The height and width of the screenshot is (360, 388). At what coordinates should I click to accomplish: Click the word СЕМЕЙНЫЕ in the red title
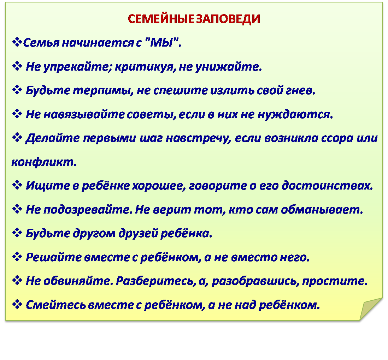point(160,19)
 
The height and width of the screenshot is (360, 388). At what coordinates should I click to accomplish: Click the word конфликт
point(44,162)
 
